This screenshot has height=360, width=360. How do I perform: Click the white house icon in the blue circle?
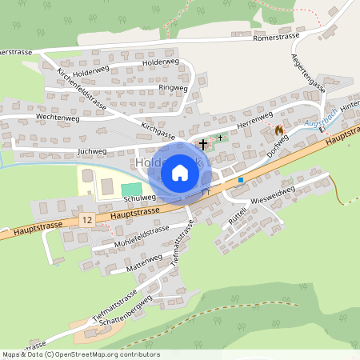tap(180, 173)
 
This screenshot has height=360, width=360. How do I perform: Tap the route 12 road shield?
tap(86, 218)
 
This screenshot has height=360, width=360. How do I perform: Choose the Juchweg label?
tap(92, 150)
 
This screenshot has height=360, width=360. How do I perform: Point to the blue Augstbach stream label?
tap(321, 125)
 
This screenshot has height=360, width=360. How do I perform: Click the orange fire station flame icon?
tap(278, 129)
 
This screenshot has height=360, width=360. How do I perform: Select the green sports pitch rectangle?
tap(130, 189)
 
